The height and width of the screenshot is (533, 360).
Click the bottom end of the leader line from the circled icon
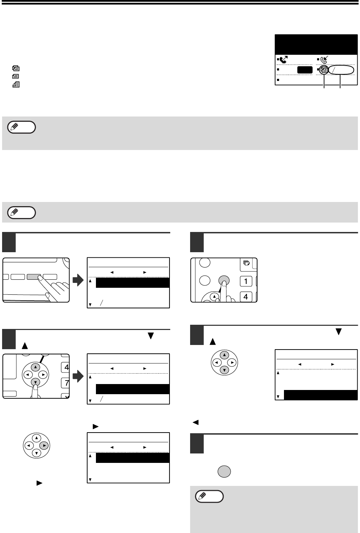click(324, 88)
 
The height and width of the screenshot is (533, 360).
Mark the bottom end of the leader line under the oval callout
click(340, 88)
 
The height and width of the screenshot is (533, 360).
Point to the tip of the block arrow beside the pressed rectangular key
click(83, 280)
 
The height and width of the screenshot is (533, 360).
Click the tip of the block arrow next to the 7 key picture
click(83, 376)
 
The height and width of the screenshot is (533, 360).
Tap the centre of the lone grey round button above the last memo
click(224, 471)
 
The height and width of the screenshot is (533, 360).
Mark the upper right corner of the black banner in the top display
click(357, 35)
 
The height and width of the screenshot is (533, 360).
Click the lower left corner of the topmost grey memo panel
click(2, 150)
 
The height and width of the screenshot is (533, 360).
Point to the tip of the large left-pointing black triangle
click(193, 422)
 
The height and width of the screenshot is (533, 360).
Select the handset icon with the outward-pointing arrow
click(283, 60)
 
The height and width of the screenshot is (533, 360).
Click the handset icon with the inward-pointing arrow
click(324, 60)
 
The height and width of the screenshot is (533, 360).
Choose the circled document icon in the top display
click(324, 70)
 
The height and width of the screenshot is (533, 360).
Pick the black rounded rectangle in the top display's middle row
click(305, 70)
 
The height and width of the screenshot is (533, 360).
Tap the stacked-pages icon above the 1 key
click(247, 263)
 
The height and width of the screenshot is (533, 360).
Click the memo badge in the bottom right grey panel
click(209, 496)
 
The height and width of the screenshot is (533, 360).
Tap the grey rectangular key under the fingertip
click(34, 277)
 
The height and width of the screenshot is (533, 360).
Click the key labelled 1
click(246, 281)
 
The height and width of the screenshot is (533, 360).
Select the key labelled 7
click(66, 383)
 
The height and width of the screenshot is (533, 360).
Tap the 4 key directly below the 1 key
click(246, 297)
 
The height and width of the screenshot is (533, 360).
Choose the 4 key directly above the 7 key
click(66, 367)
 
